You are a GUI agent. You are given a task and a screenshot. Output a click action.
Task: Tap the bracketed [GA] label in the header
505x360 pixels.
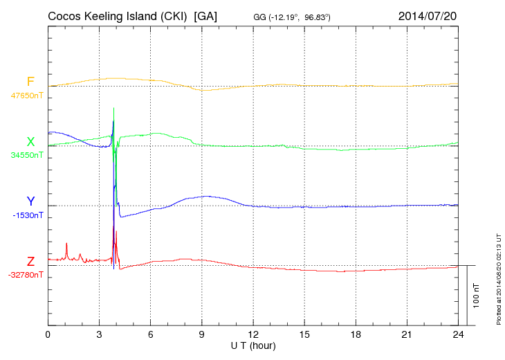pyautogui.click(x=206, y=16)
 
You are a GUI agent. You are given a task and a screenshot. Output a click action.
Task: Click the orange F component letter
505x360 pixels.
pyautogui.click(x=30, y=82)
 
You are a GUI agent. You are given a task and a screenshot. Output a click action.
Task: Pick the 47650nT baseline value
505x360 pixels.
pyautogui.click(x=26, y=96)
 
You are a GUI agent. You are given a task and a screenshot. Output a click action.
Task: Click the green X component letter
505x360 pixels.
pyautogui.click(x=30, y=142)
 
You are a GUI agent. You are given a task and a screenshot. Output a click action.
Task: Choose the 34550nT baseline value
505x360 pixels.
pyautogui.click(x=26, y=155)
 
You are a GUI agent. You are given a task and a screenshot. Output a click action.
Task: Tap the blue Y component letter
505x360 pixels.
pyautogui.click(x=30, y=201)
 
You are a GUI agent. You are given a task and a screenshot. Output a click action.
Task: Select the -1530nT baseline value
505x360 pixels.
pyautogui.click(x=28, y=215)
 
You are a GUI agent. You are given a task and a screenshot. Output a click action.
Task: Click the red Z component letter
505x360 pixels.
pyautogui.click(x=30, y=262)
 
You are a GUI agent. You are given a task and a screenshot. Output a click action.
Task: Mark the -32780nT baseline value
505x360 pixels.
pyautogui.click(x=26, y=275)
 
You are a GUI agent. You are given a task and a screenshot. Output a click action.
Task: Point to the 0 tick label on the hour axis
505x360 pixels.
pyautogui.click(x=48, y=334)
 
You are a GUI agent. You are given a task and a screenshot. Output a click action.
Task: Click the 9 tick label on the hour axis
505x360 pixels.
pyautogui.click(x=202, y=334)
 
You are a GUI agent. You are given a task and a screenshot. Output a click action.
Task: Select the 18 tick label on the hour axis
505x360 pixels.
pyautogui.click(x=356, y=334)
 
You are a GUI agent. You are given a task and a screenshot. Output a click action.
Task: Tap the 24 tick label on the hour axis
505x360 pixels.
pyautogui.click(x=458, y=334)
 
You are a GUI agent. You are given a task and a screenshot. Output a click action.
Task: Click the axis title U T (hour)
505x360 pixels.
pyautogui.click(x=253, y=345)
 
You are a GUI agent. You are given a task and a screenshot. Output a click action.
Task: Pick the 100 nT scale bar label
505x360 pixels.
pyautogui.click(x=477, y=296)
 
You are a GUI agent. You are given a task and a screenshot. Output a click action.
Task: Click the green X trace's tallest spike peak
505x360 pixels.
pyautogui.click(x=113, y=109)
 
